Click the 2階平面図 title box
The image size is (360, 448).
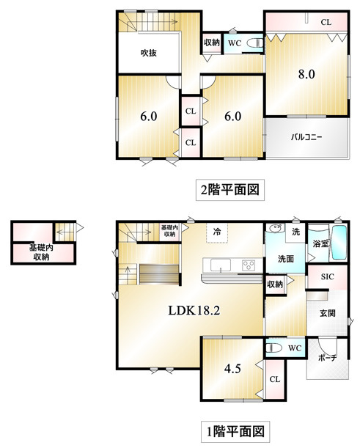[230, 190]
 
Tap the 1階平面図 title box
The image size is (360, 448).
[235, 431]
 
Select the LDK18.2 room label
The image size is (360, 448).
[194, 310]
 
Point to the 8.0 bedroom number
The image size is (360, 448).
[306, 74]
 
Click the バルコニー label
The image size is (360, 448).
[306, 137]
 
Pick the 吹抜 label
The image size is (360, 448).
[149, 53]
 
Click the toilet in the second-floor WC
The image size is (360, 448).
[255, 43]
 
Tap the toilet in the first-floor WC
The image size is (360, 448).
[273, 348]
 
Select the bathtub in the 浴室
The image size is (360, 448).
[339, 243]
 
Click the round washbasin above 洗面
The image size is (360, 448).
[274, 229]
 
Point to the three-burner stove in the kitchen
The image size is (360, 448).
[249, 265]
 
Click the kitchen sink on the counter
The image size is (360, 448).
[221, 265]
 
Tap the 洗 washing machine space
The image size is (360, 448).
[295, 232]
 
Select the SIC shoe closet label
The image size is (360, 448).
[328, 276]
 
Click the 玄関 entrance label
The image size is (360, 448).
[328, 313]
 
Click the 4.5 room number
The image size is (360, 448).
[232, 369]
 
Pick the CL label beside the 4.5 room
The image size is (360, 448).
[275, 379]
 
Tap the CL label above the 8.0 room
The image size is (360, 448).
[326, 22]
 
